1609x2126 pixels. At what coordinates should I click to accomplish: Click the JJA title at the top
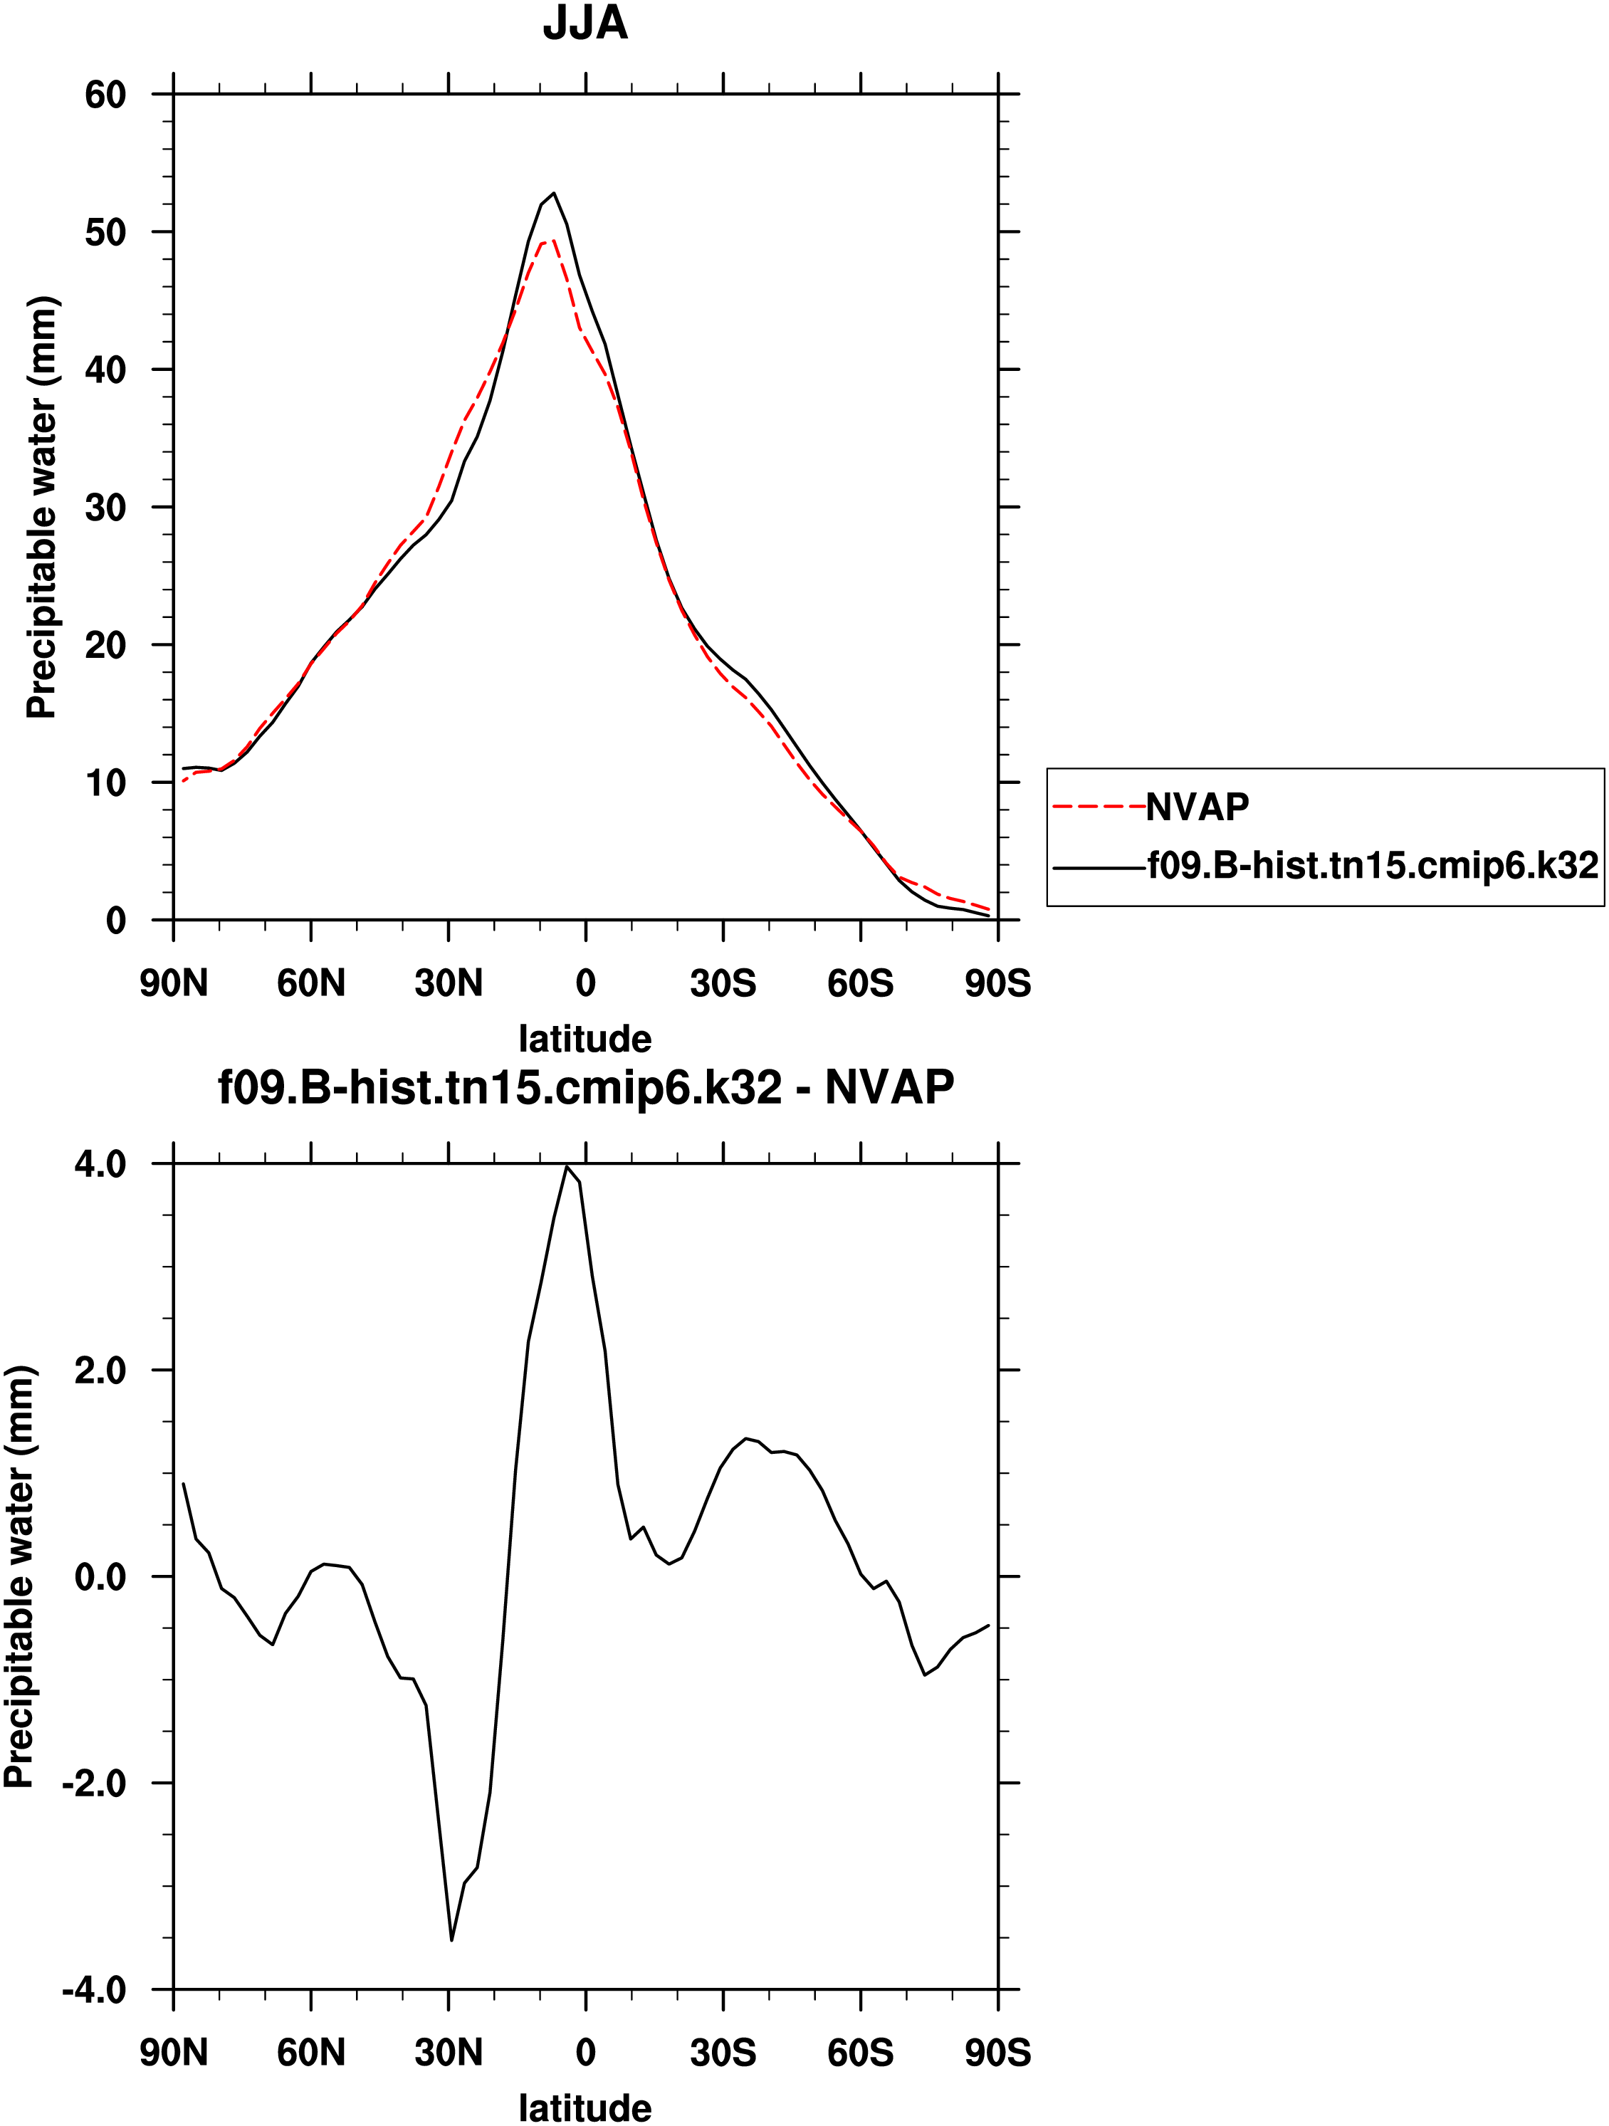585,23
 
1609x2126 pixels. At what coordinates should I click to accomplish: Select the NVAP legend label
1197,807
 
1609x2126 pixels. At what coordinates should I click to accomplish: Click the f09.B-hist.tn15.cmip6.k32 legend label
1373,866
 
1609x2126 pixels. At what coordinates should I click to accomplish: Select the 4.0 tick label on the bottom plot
100,1165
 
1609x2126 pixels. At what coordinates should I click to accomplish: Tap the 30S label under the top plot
723,983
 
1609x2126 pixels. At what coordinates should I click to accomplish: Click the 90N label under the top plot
174,983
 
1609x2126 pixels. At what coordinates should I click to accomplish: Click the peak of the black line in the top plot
554,193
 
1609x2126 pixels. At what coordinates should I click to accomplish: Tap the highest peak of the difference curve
567,1167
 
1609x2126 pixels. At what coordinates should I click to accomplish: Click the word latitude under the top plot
585,1039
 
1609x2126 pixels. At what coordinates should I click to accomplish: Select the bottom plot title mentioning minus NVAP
585,1088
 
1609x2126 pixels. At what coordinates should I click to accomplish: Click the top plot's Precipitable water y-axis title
41,508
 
